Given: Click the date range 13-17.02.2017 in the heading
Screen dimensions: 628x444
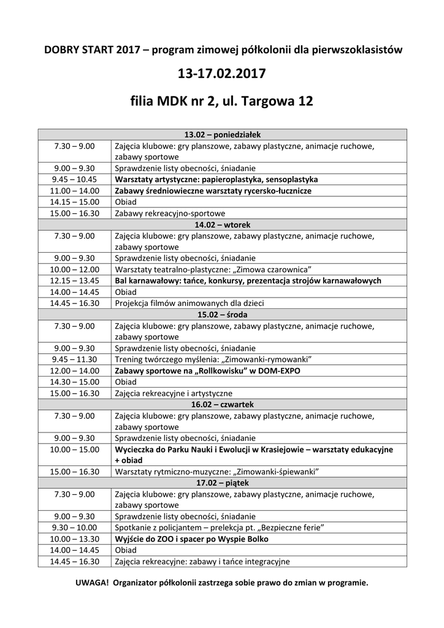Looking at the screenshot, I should (221, 75).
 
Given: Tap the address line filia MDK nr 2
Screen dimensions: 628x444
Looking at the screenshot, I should (221, 101).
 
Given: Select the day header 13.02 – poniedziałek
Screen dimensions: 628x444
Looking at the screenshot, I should (222, 135).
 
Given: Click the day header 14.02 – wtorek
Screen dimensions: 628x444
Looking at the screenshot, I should (222, 224).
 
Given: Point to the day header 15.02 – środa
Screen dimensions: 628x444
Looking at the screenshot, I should (222, 315).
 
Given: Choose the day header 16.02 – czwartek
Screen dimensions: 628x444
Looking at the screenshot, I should (222, 404).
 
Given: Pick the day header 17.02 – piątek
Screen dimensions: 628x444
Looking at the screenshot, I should (222, 483).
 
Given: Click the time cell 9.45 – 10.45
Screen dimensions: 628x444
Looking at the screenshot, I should (74, 180).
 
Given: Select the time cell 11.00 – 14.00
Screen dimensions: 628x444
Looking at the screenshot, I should (74, 191).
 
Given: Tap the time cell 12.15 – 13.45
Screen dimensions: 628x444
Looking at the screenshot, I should (74, 280).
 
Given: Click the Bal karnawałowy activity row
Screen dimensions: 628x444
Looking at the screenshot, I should (248, 280).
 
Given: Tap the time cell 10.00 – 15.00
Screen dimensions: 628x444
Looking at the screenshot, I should (74, 449).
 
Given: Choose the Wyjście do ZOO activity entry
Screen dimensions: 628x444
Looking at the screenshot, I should (191, 539).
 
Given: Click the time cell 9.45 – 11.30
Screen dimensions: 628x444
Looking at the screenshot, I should (74, 359).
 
